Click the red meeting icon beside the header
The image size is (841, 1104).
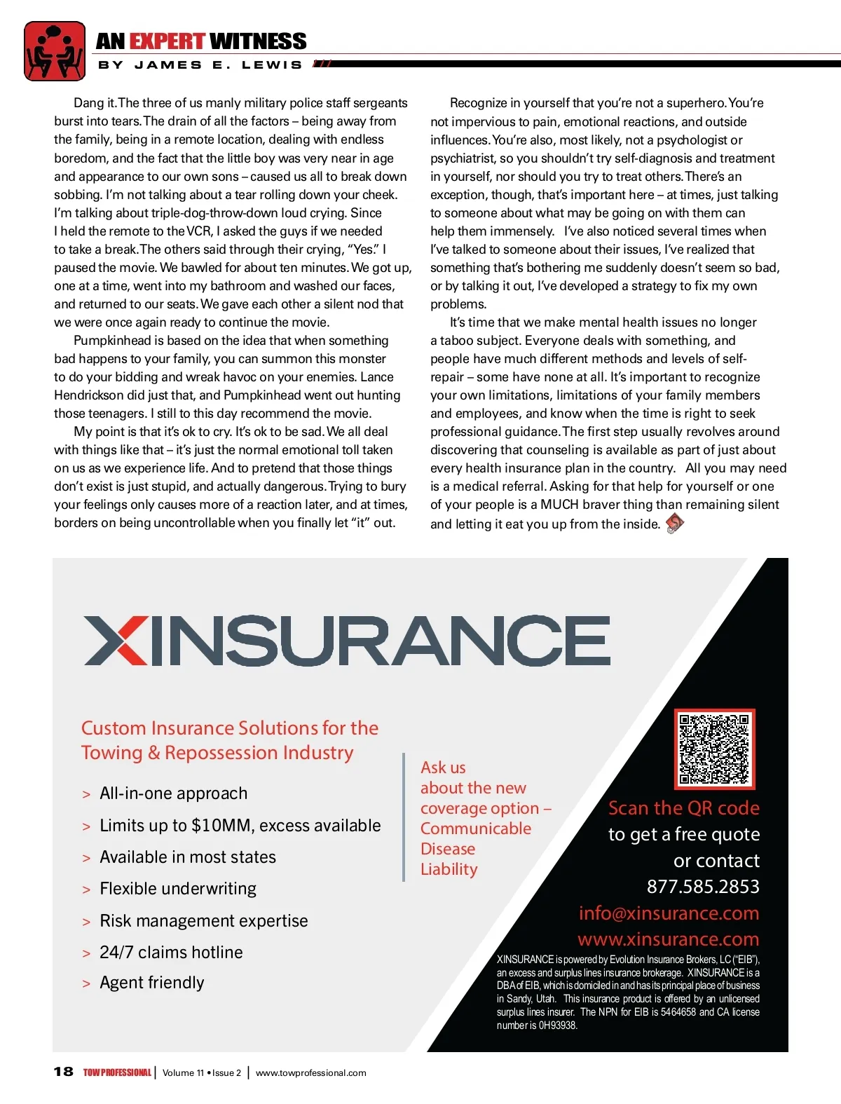pos(54,51)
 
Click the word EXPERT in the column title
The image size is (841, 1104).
pos(167,41)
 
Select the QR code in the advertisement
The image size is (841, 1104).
pos(714,748)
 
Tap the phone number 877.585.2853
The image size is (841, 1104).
pos(703,887)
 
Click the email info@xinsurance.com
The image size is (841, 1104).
pos(669,913)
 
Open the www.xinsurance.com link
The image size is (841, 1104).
pos(668,939)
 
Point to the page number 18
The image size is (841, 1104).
pos(63,1072)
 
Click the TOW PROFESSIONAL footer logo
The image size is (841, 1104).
pos(117,1072)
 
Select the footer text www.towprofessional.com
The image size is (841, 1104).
pos(310,1072)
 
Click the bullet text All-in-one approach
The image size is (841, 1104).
pos(173,793)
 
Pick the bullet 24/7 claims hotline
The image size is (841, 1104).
pos(171,953)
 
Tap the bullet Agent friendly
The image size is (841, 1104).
pos(151,983)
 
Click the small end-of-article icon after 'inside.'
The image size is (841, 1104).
pos(674,522)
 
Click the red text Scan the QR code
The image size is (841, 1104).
pos(683,808)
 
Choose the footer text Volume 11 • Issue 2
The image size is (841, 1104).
pos(202,1072)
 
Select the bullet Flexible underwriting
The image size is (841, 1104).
pos(178,889)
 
